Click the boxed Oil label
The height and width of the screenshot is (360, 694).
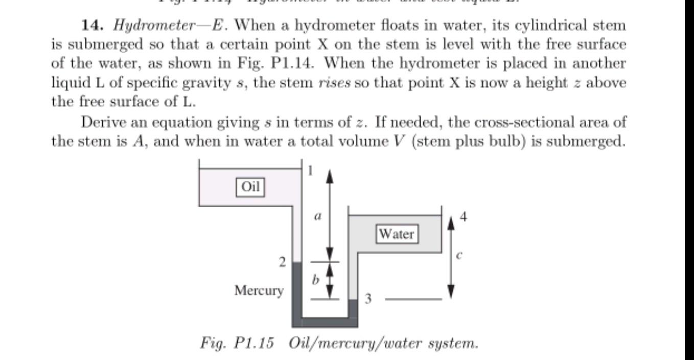pyautogui.click(x=250, y=187)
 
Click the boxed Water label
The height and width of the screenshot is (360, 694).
pyautogui.click(x=397, y=234)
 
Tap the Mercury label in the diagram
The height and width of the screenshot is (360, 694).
pyautogui.click(x=259, y=290)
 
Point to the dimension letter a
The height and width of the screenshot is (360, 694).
pyautogui.click(x=317, y=216)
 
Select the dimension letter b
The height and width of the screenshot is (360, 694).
pyautogui.click(x=315, y=280)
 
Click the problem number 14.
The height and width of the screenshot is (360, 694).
pyautogui.click(x=92, y=25)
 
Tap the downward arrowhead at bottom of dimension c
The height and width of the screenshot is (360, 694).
pyautogui.click(x=450, y=293)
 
